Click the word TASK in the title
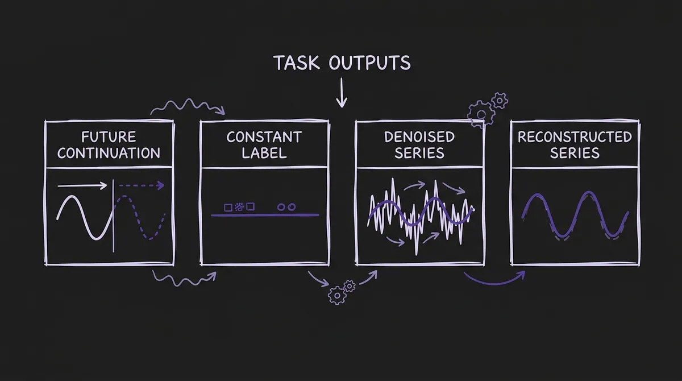(x=297, y=63)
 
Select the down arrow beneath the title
(x=341, y=94)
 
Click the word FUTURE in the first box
(x=109, y=137)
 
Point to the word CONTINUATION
(x=109, y=153)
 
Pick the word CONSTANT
(x=264, y=137)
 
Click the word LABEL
(x=264, y=153)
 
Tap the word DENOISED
(x=419, y=137)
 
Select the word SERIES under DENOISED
(x=419, y=153)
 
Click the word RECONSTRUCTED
(x=575, y=137)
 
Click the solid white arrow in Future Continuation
(x=82, y=185)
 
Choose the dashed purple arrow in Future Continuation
(x=141, y=185)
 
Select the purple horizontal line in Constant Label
(x=264, y=214)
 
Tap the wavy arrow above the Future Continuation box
(x=188, y=106)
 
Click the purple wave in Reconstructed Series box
(x=575, y=216)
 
